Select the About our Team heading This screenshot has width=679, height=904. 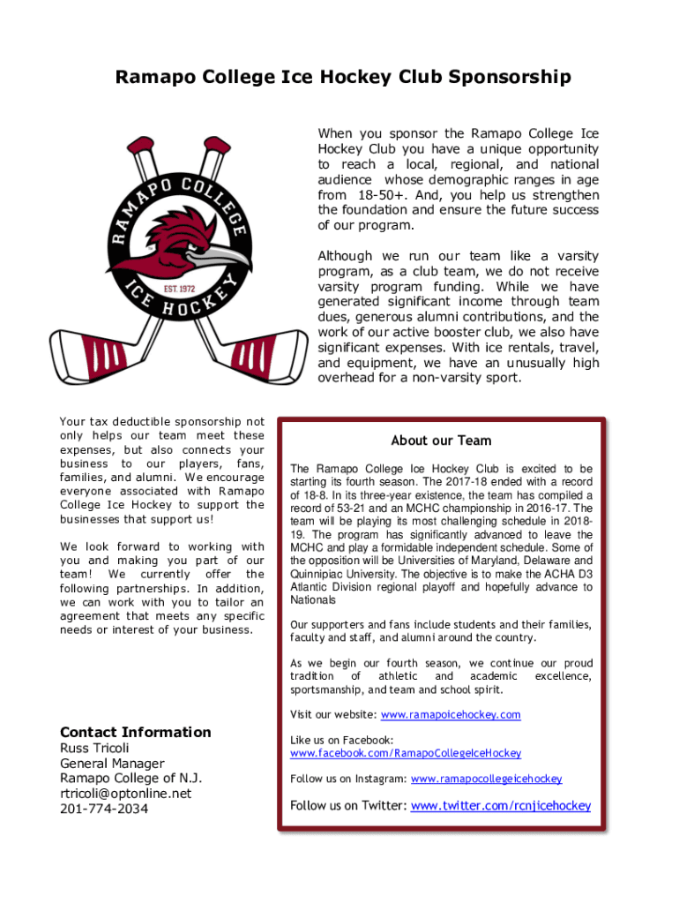441,441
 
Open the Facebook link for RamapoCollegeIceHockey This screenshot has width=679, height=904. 406,753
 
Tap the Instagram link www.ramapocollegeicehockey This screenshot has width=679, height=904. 486,779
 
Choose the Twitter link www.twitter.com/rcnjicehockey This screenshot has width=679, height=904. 500,805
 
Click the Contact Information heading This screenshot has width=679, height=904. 135,732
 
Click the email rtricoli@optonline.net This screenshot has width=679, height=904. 125,793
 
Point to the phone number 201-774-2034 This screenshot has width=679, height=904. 104,808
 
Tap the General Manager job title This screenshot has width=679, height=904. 112,763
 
